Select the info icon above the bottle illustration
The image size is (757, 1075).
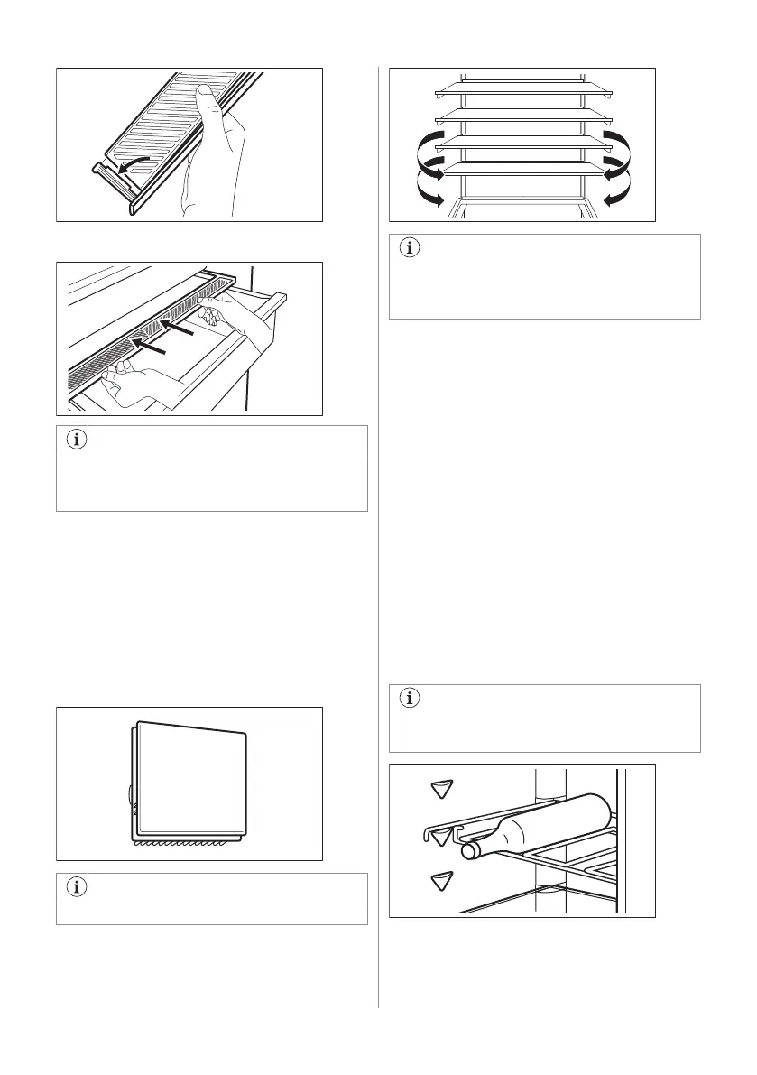click(409, 699)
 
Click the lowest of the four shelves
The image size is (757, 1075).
click(522, 168)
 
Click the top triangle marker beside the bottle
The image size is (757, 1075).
click(441, 789)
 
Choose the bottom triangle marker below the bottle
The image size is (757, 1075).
click(441, 880)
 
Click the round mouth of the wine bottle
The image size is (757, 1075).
click(469, 850)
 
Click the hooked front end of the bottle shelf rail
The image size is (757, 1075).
click(428, 831)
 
